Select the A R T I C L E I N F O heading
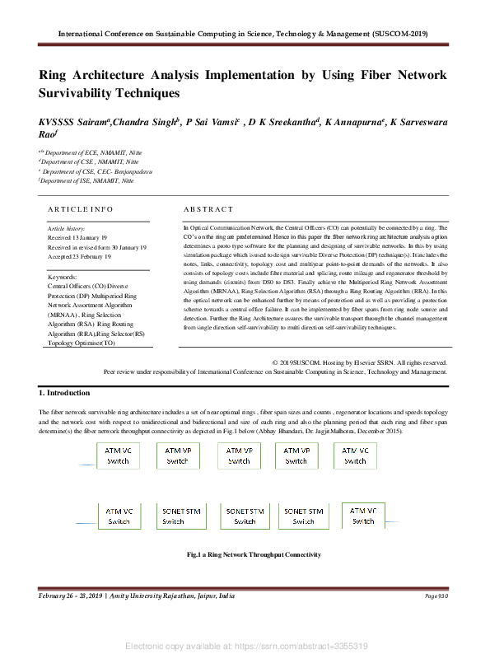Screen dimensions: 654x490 81,210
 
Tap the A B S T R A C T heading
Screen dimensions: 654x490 208,210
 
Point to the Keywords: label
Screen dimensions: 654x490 63,278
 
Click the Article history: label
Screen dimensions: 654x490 66,228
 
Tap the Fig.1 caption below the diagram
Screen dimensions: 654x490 254,555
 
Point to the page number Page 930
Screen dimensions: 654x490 436,596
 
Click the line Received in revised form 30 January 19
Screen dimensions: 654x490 97,246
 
